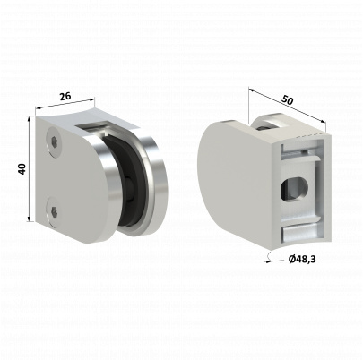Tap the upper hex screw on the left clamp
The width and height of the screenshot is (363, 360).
pyautogui.click(x=56, y=141)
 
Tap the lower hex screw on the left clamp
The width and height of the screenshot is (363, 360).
pyautogui.click(x=56, y=211)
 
